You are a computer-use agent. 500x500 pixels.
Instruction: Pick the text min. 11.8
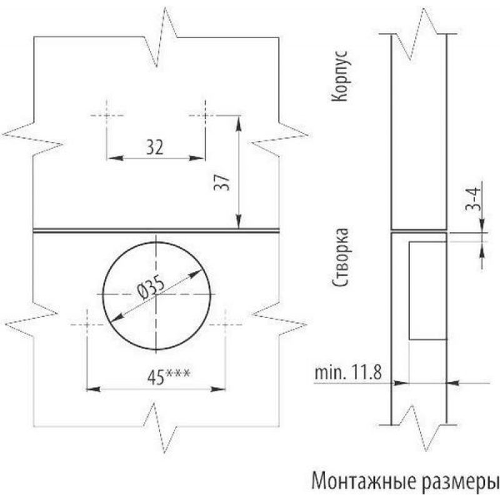point(347,374)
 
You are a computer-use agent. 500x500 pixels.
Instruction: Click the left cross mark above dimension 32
point(106,116)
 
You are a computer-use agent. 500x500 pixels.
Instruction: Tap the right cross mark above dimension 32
point(205,116)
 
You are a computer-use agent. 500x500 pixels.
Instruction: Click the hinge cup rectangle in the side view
point(427,291)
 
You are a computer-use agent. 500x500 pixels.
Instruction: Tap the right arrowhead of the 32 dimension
point(200,158)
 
